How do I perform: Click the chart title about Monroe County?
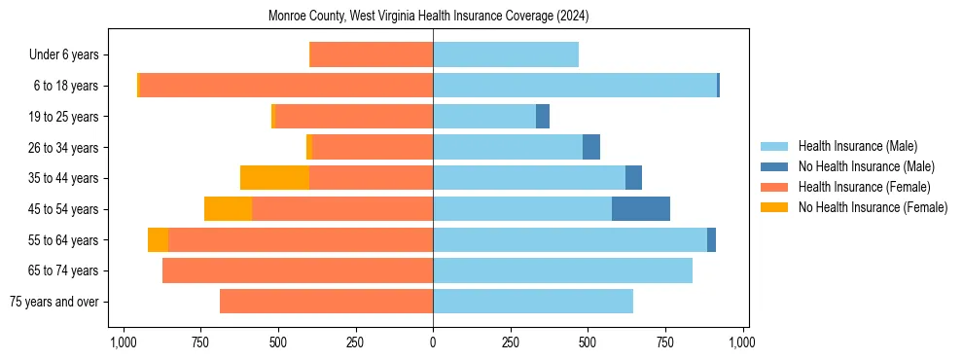[x=428, y=17]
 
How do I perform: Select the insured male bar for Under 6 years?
[x=506, y=54]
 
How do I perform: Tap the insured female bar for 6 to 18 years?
[x=286, y=86]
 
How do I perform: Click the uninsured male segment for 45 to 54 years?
[x=641, y=209]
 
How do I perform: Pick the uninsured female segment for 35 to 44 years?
[x=274, y=178]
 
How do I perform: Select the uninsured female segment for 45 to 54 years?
[x=228, y=209]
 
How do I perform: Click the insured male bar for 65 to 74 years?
[x=562, y=270]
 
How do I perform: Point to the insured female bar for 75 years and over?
[x=326, y=302]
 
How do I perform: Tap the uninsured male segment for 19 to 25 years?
[x=543, y=117]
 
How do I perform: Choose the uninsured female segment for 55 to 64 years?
[x=158, y=240]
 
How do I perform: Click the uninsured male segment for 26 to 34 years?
[x=591, y=147]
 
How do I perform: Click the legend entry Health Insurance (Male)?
[x=857, y=146]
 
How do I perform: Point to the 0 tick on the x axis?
[x=433, y=342]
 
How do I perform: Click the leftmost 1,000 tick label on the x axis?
[x=123, y=342]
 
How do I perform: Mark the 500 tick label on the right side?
[x=588, y=342]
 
